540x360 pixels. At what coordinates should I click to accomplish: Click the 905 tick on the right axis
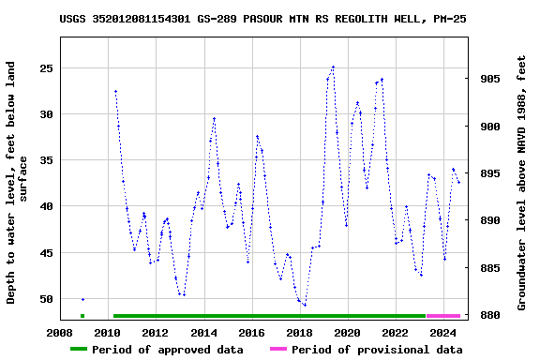[489, 79]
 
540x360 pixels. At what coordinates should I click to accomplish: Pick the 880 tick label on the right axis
[489, 315]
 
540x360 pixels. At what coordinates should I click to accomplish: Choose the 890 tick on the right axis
[489, 220]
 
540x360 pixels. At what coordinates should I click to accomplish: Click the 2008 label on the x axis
[60, 332]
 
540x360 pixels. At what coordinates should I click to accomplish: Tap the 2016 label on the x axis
[251, 332]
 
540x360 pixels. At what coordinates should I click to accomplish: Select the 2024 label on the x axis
[443, 332]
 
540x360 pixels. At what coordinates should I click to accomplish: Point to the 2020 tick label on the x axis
[348, 332]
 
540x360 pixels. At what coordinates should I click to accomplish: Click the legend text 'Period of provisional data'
[376, 350]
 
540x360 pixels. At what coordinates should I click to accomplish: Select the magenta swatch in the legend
[278, 350]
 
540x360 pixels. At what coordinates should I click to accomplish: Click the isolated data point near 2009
[82, 299]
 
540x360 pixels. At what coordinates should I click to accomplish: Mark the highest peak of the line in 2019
[333, 67]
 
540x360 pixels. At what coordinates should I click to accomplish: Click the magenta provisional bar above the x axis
[443, 316]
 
